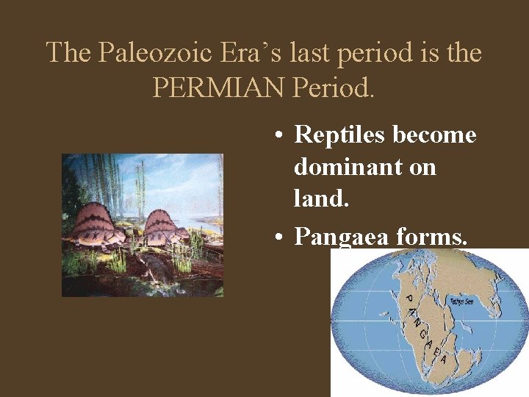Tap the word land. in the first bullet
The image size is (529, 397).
[x=320, y=199]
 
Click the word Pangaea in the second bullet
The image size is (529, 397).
[x=339, y=237]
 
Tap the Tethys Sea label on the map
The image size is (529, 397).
[x=461, y=301]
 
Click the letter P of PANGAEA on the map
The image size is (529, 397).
[x=409, y=298]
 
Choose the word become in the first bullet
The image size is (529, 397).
[x=435, y=135]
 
